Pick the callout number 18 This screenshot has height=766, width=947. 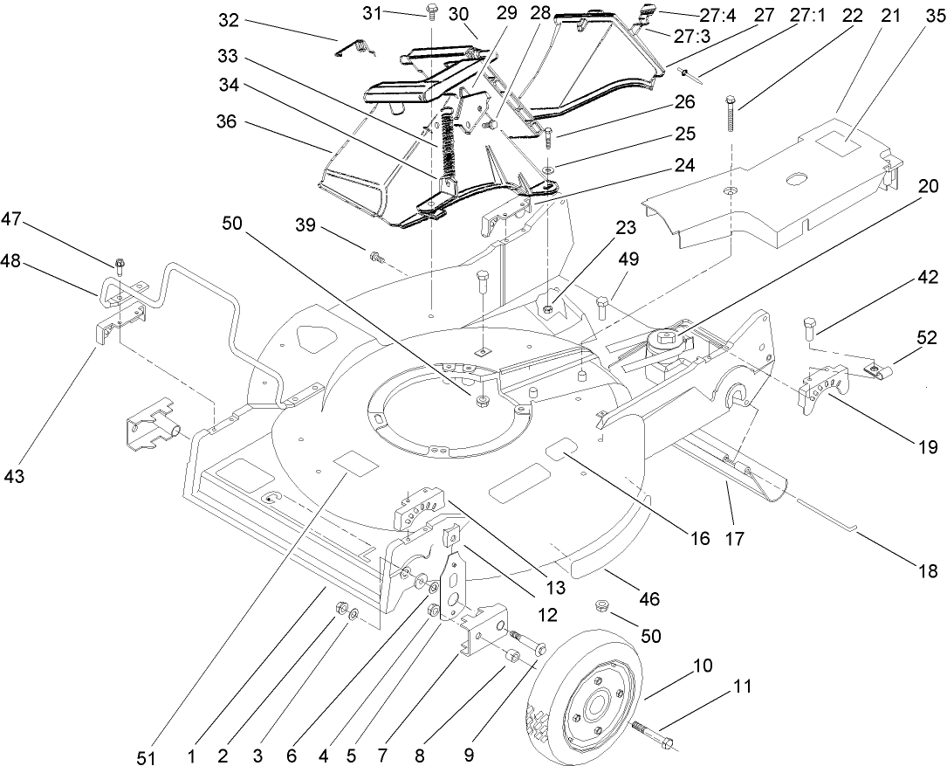point(927,571)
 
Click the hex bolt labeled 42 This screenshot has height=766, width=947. point(808,328)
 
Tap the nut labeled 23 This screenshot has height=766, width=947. point(546,308)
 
